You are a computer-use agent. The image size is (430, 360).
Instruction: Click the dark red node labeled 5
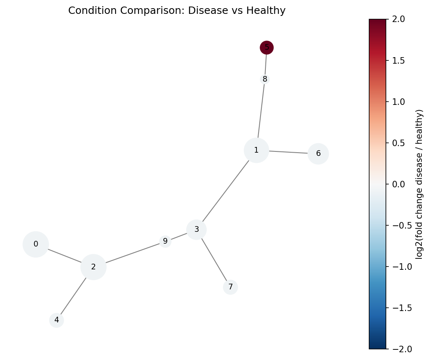[x=267, y=47]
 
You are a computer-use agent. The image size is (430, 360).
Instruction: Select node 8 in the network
[x=265, y=79]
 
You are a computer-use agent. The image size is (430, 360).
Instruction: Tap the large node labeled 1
[x=256, y=150]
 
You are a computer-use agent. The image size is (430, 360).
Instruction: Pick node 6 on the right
[x=318, y=154]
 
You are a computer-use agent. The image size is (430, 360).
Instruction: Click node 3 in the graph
[x=196, y=229]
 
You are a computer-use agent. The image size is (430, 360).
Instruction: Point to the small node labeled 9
[x=165, y=241]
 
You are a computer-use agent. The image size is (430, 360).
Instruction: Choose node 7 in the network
[x=230, y=287]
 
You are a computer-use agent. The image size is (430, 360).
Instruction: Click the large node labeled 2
[x=94, y=267]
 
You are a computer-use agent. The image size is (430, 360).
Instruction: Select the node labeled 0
[x=36, y=244]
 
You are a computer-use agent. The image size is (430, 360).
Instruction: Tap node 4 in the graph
[x=57, y=320]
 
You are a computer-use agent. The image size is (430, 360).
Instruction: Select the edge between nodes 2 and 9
[x=133, y=253]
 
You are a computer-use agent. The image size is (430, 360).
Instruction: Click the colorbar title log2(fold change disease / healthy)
[x=419, y=184]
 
